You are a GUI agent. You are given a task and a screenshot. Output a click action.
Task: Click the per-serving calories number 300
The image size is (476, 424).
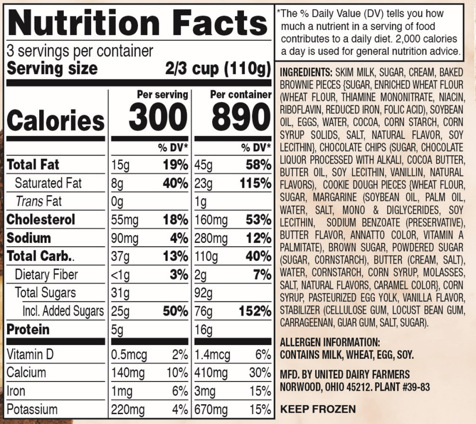157,117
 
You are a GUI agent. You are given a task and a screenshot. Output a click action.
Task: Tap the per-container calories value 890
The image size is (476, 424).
241,117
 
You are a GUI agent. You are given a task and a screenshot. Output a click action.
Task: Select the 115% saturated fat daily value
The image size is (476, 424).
255,183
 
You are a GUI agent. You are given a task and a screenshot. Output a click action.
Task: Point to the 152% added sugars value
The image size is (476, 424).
255,311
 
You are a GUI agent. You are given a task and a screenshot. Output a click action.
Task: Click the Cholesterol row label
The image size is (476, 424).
41,220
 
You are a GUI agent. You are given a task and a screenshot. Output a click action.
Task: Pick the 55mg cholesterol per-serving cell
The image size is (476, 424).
125,220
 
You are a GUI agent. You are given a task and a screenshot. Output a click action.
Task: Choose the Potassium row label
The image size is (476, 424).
32,409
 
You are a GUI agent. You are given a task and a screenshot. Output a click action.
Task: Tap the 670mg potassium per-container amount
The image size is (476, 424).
211,409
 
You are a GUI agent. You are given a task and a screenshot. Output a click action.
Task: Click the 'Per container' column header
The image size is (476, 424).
241,94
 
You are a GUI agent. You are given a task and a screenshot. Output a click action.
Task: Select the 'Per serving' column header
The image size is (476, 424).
163,94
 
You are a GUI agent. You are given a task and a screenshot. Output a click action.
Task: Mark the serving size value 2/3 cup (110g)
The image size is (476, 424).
218,68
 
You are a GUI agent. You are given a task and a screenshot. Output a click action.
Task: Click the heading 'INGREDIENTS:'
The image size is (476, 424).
306,73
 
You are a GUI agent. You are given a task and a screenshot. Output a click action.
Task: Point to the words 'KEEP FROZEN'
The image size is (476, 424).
318,409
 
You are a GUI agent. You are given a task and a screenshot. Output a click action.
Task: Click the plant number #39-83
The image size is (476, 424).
416,387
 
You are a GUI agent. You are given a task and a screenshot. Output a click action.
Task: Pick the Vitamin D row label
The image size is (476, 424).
30,354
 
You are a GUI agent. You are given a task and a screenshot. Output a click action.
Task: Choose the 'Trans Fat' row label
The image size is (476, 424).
39,201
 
